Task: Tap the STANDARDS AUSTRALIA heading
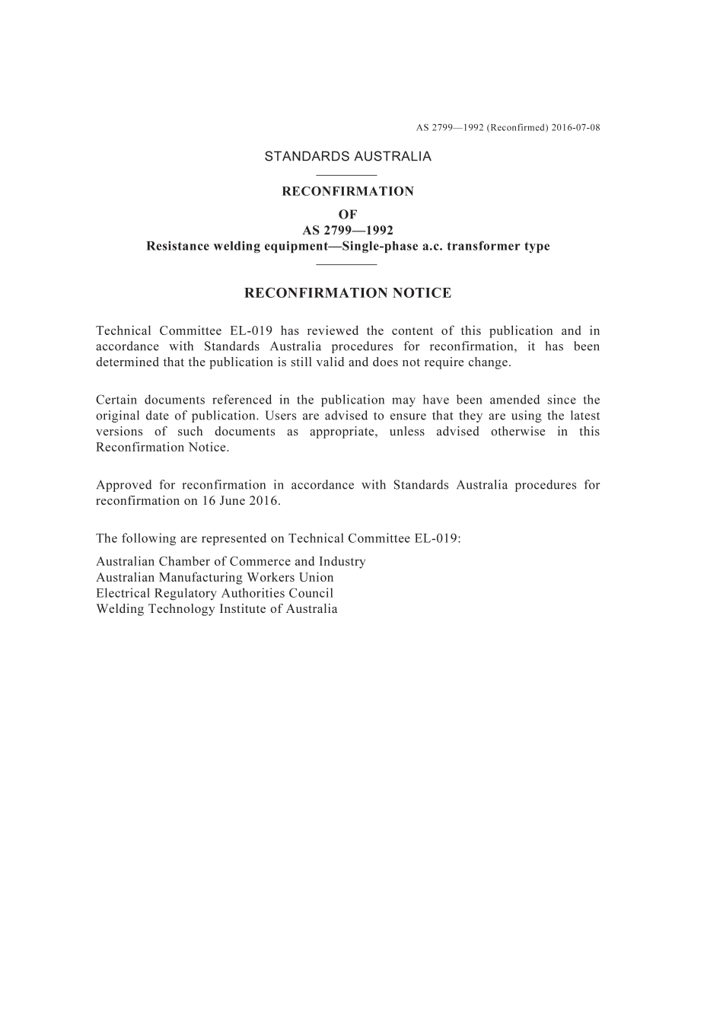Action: click(x=348, y=156)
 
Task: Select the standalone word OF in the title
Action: click(x=348, y=215)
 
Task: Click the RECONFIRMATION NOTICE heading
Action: click(x=348, y=293)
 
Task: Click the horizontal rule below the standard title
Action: click(x=347, y=264)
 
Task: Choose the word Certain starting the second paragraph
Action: click(x=119, y=400)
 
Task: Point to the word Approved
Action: click(x=123, y=485)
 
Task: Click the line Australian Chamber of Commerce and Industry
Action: click(x=231, y=561)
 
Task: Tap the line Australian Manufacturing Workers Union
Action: click(x=215, y=577)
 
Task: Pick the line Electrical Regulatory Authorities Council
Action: click(x=215, y=593)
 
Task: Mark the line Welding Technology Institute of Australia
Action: click(x=217, y=609)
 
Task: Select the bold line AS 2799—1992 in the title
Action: click(x=348, y=231)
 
